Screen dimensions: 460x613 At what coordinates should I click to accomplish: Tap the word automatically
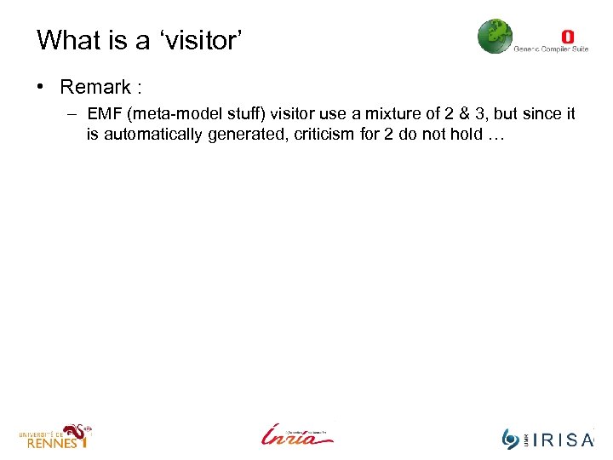pos(150,135)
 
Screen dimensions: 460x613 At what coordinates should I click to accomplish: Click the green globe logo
pos(495,37)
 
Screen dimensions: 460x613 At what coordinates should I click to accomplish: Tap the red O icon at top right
pos(567,37)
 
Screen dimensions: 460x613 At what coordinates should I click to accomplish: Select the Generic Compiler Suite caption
pos(551,49)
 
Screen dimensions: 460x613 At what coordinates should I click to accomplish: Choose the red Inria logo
pos(295,434)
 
